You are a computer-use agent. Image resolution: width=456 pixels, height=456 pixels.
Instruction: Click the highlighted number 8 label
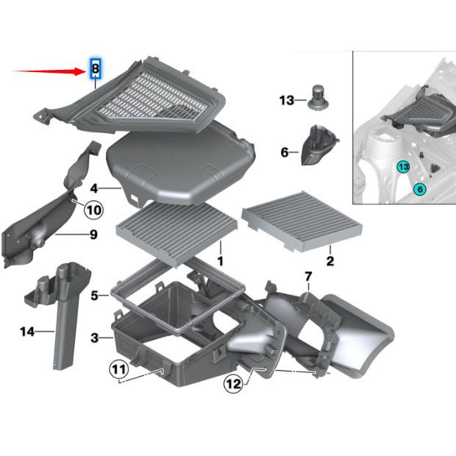click(95, 69)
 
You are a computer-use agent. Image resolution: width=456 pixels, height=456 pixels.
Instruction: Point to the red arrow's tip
click(86, 71)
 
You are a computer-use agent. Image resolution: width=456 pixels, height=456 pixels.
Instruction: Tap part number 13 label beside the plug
click(286, 100)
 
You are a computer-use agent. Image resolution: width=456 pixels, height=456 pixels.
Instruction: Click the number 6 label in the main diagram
click(284, 152)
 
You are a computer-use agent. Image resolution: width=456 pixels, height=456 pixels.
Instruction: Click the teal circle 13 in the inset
click(403, 167)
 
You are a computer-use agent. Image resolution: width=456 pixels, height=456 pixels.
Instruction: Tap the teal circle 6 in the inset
click(420, 189)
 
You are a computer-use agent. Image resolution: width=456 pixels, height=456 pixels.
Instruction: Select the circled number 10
click(93, 209)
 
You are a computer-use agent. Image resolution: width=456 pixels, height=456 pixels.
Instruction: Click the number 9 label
click(93, 235)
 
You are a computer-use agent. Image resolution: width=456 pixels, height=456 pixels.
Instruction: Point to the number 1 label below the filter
click(219, 261)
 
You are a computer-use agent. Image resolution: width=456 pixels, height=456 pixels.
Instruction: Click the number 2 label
click(330, 261)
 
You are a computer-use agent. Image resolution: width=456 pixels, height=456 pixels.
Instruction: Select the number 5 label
click(94, 296)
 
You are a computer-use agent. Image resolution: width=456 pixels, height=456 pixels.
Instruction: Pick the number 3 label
click(94, 338)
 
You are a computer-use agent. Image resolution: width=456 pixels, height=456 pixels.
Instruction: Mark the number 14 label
click(26, 332)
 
